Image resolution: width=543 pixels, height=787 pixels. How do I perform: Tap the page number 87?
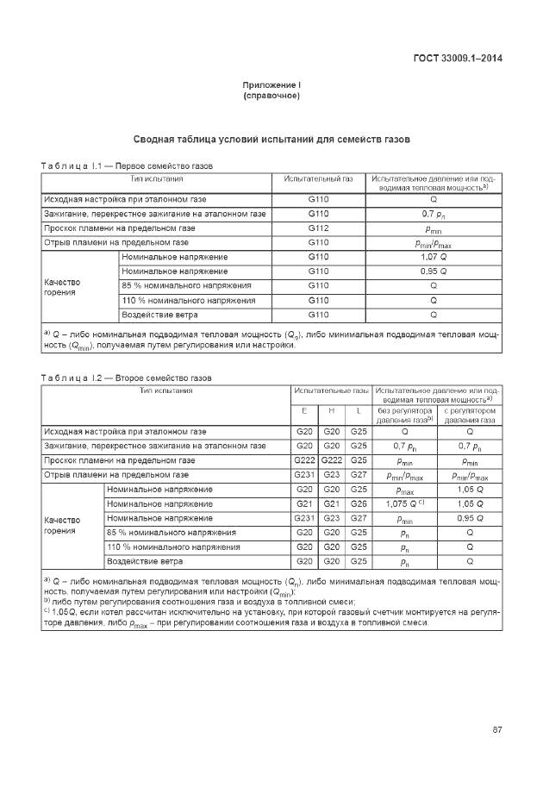tap(497, 730)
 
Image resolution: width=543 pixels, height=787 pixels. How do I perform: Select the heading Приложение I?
tap(271, 85)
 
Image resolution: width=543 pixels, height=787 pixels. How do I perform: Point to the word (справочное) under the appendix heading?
tap(271, 96)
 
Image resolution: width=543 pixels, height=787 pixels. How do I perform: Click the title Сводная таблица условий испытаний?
tap(271, 139)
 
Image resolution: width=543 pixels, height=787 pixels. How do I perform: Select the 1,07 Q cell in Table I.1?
tap(433, 257)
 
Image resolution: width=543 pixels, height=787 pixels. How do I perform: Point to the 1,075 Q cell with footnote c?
tap(404, 503)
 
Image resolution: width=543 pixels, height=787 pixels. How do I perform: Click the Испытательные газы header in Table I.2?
tap(331, 390)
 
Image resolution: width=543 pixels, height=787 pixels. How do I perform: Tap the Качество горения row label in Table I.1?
tap(62, 287)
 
